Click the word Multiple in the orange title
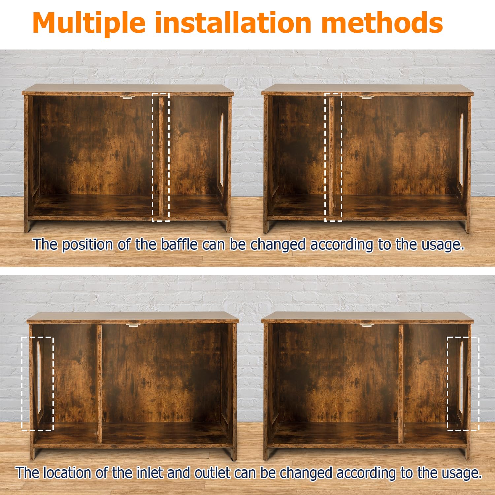(89, 23)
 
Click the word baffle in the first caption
(179, 245)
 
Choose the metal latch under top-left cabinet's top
(128, 97)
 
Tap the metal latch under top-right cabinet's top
(367, 97)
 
